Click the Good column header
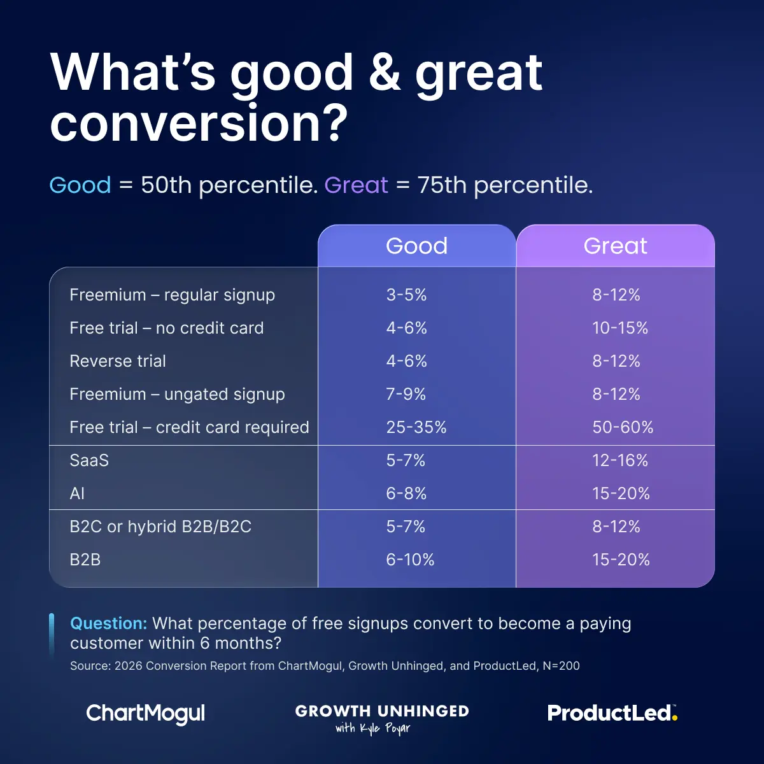point(416,246)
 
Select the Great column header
point(615,246)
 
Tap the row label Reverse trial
point(118,361)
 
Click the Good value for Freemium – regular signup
point(406,295)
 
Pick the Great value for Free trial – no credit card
point(619,328)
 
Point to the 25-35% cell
point(416,427)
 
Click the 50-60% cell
point(622,427)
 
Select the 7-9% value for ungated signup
point(406,394)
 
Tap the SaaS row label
point(89,460)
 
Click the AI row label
point(77,493)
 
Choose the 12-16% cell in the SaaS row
point(619,460)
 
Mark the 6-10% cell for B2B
point(410,560)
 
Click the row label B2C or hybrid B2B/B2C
point(160,527)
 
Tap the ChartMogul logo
point(146,714)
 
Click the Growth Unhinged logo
point(382,718)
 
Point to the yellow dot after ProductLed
point(675,719)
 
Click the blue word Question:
point(108,623)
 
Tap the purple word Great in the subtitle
point(356,185)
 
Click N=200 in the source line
point(561,666)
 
